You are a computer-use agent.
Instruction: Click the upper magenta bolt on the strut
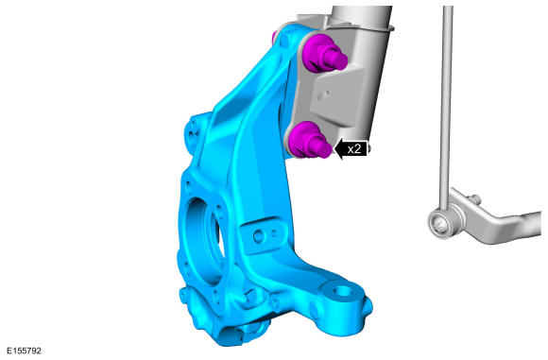(324, 54)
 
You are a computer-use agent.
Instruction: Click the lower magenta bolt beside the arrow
(309, 141)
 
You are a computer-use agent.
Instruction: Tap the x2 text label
(353, 149)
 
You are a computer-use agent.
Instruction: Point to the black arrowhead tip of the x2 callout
(334, 149)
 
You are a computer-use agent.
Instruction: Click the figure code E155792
(24, 351)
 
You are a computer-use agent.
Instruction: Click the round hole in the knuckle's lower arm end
(341, 290)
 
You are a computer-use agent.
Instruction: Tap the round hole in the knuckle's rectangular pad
(259, 237)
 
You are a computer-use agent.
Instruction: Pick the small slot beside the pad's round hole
(275, 233)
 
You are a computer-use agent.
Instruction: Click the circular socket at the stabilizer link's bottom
(439, 224)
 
